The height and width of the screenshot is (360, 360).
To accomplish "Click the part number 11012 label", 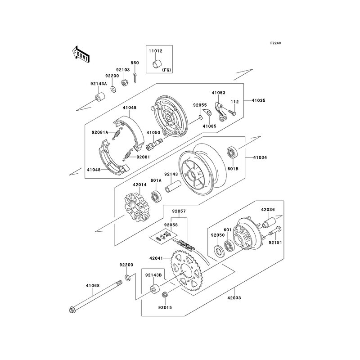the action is coord(155,51).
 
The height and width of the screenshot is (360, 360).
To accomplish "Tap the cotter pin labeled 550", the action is coord(135,78).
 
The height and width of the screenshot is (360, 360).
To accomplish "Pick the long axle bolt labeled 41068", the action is coord(95,296).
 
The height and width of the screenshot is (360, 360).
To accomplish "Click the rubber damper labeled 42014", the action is coord(137,207).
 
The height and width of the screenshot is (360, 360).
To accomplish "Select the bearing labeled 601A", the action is coord(157,196).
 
